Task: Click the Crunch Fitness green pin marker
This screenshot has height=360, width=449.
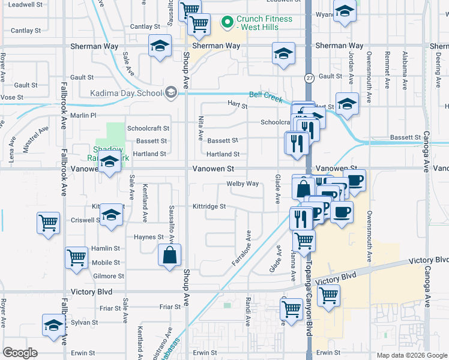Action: (228, 23)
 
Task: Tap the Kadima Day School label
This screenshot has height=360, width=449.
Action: (126, 93)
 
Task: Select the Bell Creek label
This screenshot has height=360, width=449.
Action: (266, 97)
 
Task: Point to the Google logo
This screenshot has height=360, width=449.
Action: (20, 353)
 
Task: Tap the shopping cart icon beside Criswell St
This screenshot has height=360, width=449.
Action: (49, 223)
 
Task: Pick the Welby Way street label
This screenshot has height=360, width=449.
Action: (243, 184)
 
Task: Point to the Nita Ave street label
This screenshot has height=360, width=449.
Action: (201, 127)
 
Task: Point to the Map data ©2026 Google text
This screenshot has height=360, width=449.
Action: (411, 355)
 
